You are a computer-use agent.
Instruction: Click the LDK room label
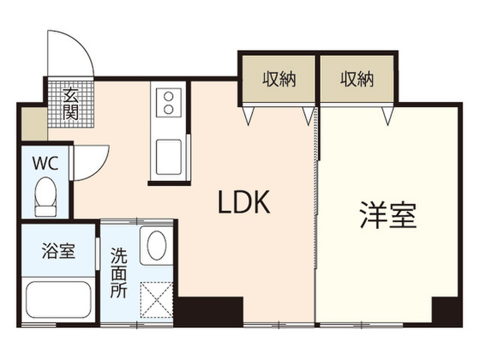pyautogui.click(x=244, y=202)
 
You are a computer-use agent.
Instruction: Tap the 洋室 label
pyautogui.click(x=388, y=215)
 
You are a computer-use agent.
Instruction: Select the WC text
pyautogui.click(x=45, y=163)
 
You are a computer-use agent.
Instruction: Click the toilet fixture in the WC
pyautogui.click(x=45, y=197)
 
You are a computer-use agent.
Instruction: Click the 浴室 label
pyautogui.click(x=58, y=251)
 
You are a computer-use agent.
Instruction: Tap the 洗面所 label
pyautogui.click(x=119, y=273)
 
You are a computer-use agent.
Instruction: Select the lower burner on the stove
pyautogui.click(x=169, y=109)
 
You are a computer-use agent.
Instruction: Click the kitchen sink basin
pyautogui.click(x=169, y=157)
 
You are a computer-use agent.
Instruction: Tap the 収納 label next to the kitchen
pyautogui.click(x=279, y=79)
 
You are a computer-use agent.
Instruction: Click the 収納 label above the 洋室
pyautogui.click(x=357, y=79)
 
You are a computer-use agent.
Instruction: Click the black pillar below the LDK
pyautogui.click(x=210, y=311)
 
